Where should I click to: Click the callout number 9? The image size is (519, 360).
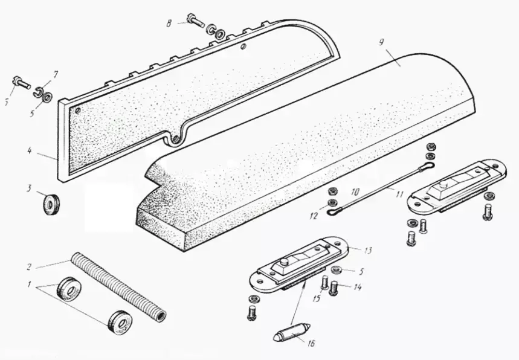point(381,42)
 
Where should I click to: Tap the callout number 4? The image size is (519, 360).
point(30,151)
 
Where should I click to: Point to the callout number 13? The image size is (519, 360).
point(368,250)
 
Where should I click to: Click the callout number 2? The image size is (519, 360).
point(29,267)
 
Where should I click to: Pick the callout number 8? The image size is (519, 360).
point(169,24)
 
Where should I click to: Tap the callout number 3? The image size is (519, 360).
point(30,188)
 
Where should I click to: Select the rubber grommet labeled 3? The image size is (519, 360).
point(51,202)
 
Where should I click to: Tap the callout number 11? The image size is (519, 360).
point(400,193)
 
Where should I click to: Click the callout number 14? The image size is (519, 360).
point(358,287)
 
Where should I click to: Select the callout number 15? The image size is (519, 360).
point(317,298)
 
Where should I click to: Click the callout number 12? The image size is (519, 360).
point(314,216)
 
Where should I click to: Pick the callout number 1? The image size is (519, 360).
point(30,284)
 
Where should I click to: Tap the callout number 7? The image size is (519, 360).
point(55,74)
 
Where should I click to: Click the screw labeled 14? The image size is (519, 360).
point(334,288)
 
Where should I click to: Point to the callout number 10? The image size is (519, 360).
point(355,191)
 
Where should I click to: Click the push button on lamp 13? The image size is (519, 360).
point(283,262)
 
